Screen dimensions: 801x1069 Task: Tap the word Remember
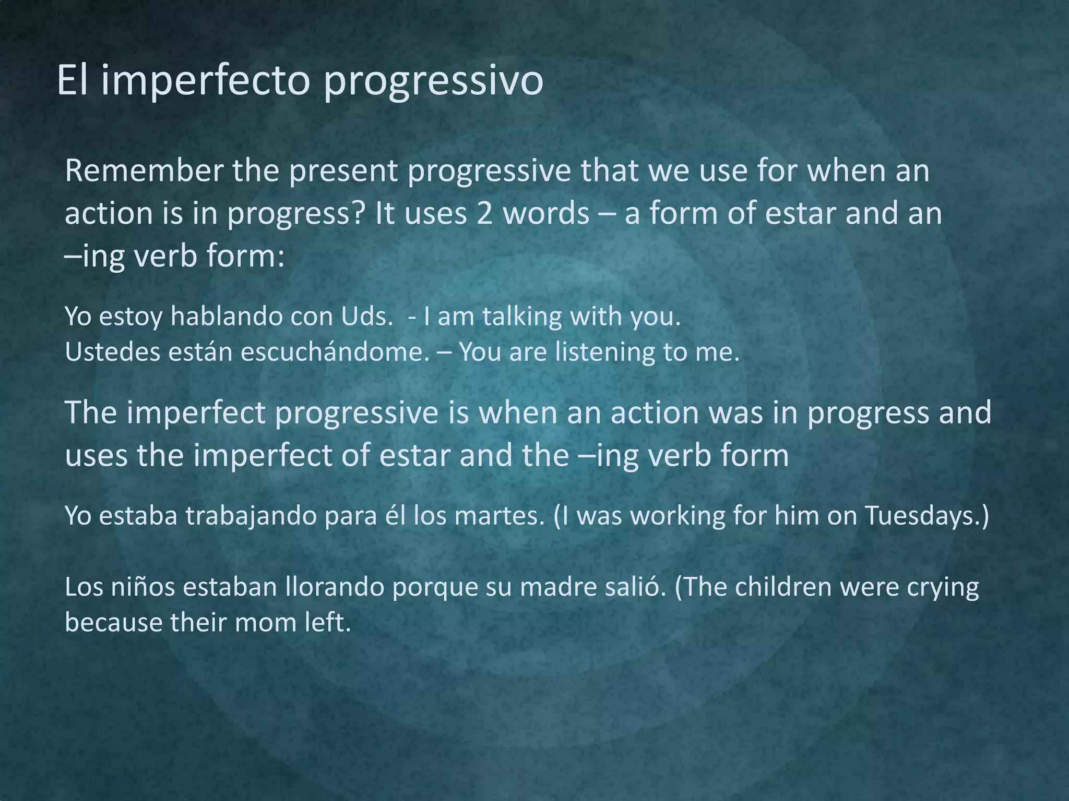coord(144,171)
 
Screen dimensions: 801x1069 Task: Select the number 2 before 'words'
coord(484,214)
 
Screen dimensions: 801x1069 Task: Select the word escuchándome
coord(334,352)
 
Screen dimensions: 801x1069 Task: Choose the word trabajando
coord(251,516)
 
